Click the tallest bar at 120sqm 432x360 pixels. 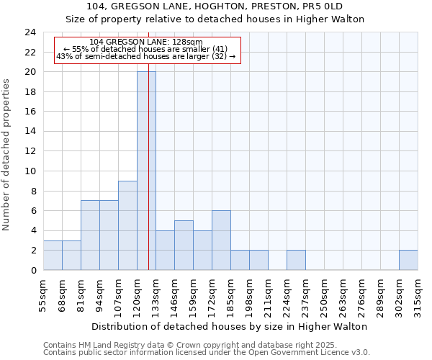tap(146, 171)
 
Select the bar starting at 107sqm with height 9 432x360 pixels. tap(127, 225)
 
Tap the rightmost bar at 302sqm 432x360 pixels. tap(408, 260)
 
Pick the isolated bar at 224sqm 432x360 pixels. tap(296, 260)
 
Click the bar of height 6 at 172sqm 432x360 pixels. tap(221, 240)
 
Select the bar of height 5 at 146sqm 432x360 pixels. tap(184, 246)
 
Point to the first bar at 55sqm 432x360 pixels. tap(53, 255)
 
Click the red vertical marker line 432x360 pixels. tap(148, 144)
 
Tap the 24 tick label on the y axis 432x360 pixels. tap(30, 32)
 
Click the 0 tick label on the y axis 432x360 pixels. tap(32, 270)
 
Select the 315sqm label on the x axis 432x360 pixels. tap(418, 295)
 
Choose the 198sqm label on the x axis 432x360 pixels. tap(249, 295)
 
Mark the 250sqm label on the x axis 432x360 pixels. tap(324, 295)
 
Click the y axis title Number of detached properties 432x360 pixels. tap(7, 155)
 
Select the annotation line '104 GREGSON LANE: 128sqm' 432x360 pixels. tap(147, 42)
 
